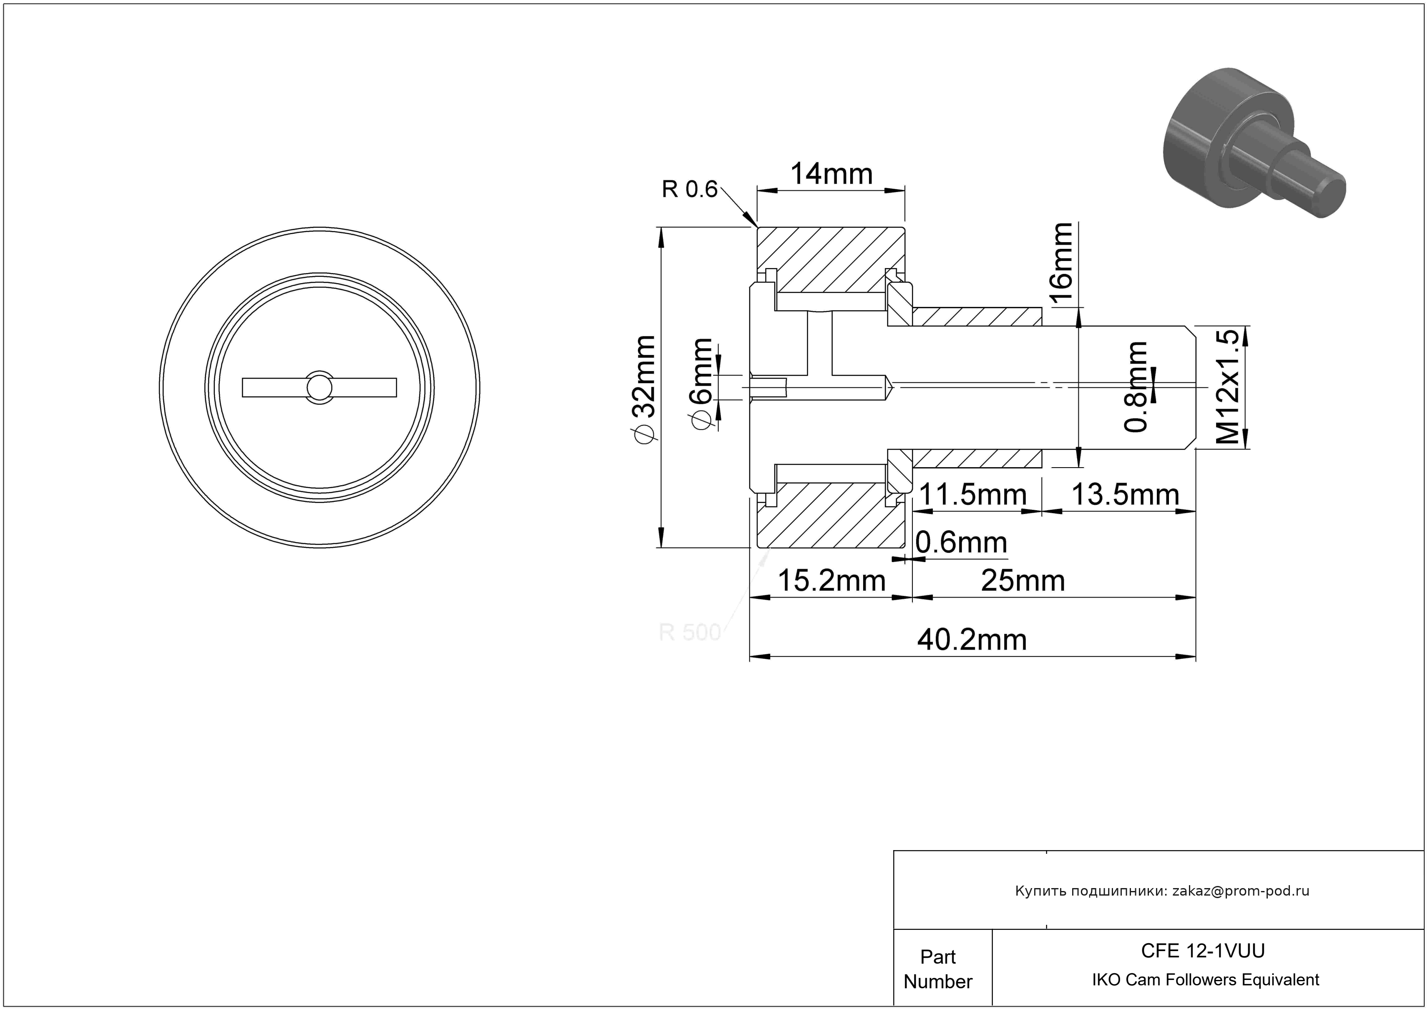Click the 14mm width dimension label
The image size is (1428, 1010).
click(x=831, y=174)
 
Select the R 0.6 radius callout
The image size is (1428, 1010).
click(x=690, y=189)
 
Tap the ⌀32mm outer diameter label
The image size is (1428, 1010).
click(x=644, y=390)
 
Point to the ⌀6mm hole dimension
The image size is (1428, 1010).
click(x=701, y=384)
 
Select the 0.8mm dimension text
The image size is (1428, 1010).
click(x=1136, y=387)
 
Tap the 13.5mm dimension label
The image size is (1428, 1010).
click(x=1125, y=495)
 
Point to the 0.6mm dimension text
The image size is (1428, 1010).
click(x=961, y=543)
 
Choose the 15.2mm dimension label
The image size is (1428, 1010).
click(x=831, y=581)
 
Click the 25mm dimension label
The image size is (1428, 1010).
click(x=1023, y=581)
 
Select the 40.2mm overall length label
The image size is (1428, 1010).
click(x=972, y=640)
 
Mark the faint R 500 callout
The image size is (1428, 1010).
click(x=690, y=632)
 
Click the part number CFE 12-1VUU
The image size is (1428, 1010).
click(x=1203, y=950)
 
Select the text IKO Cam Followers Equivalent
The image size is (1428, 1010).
click(x=1205, y=980)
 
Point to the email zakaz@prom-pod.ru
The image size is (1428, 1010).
click(x=1241, y=891)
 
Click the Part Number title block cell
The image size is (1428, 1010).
click(x=938, y=969)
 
